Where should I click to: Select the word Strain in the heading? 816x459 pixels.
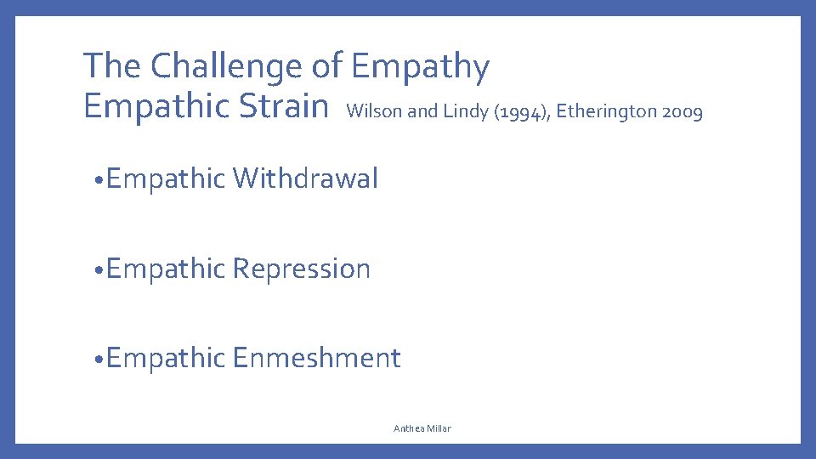[x=286, y=107]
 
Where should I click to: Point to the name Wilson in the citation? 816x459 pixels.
[x=375, y=110]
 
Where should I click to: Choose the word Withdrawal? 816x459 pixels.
[x=305, y=178]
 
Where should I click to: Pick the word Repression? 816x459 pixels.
[x=302, y=269]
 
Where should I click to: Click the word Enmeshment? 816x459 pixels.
[x=316, y=358]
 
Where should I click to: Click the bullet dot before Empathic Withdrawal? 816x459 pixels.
[x=99, y=180]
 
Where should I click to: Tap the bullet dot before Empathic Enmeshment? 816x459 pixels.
[x=99, y=360]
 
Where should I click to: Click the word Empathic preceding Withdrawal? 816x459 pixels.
[x=167, y=179]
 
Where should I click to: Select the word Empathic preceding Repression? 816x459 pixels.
[x=167, y=269]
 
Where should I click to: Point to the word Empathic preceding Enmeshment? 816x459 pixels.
[x=167, y=359]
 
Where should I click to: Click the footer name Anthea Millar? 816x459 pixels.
[x=422, y=428]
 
